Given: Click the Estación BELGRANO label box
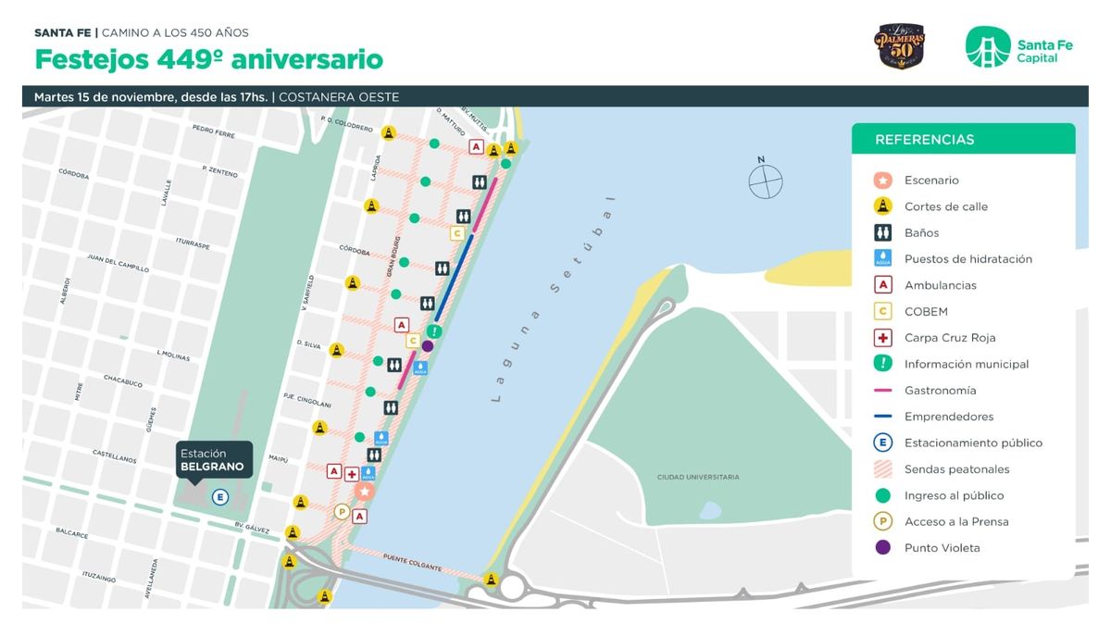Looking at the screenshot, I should [212, 460].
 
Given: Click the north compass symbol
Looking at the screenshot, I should [766, 180].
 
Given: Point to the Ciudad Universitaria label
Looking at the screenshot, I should [698, 477].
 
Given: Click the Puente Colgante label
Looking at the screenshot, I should [412, 561].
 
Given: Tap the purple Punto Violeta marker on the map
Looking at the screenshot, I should [427, 346].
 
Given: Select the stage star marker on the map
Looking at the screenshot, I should [365, 491].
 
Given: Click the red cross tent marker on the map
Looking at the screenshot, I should [352, 474].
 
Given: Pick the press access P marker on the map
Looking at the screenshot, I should [342, 511].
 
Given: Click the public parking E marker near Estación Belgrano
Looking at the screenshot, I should [219, 497].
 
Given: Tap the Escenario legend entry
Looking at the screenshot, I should [931, 181].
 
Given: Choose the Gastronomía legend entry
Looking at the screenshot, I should [940, 391].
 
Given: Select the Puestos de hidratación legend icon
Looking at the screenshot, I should [883, 258].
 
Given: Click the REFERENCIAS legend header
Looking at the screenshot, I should [924, 140].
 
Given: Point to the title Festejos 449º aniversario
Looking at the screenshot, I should [208, 60].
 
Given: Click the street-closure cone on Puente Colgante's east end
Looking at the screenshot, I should [491, 580].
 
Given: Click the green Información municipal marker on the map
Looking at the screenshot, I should [434, 331].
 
